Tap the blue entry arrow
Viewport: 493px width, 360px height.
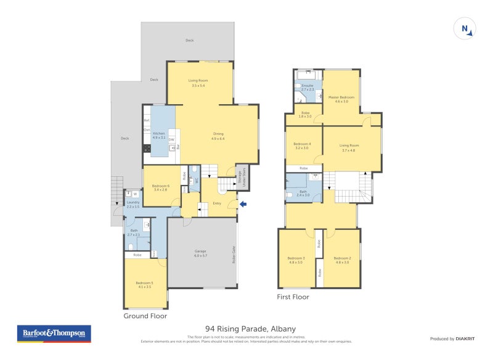(243, 205)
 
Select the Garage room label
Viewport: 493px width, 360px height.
(201, 253)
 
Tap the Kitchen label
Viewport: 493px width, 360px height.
(159, 135)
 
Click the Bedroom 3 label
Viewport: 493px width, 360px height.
(296, 260)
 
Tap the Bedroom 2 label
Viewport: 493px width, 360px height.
(342, 260)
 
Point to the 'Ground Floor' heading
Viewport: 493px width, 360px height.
(145, 316)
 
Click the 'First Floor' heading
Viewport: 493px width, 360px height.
(293, 297)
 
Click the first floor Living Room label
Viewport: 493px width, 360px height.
(349, 146)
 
